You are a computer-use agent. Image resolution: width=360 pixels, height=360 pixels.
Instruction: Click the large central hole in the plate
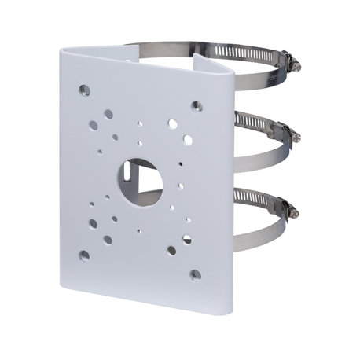(141, 178)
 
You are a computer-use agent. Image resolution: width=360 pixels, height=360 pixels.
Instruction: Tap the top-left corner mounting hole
(83, 90)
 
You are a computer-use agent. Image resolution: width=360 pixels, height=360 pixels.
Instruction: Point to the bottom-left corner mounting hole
(83, 254)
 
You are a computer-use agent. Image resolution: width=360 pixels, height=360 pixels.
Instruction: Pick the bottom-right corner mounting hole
(194, 274)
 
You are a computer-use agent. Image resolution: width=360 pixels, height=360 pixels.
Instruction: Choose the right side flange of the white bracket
(221, 181)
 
